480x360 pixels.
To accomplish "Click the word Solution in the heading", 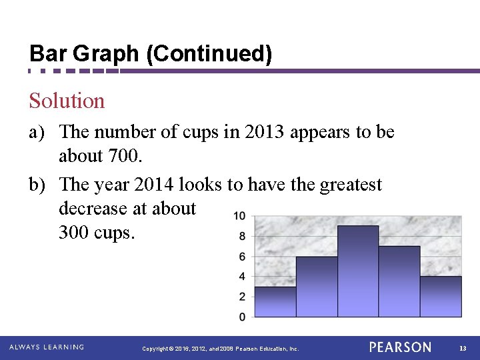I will pos(67,101).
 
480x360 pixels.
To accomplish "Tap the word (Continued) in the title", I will pos(209,54).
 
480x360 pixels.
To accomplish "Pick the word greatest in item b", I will pos(351,183).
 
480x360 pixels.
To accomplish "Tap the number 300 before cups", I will pos(74,233).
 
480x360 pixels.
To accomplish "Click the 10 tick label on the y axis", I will pos(239,216).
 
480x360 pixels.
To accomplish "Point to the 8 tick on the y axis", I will pos(241,236).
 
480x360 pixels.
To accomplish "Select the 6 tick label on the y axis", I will pos(241,257).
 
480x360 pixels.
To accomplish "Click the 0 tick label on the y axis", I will pos(241,316).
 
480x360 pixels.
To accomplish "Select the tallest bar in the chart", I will pos(358,270).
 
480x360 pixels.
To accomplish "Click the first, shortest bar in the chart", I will pos(275,301).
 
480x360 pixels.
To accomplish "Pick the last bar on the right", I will pos(441,296).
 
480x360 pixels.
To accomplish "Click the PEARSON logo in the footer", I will pos(400,347).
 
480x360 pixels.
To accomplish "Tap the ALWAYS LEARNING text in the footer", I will pos(47,347).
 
